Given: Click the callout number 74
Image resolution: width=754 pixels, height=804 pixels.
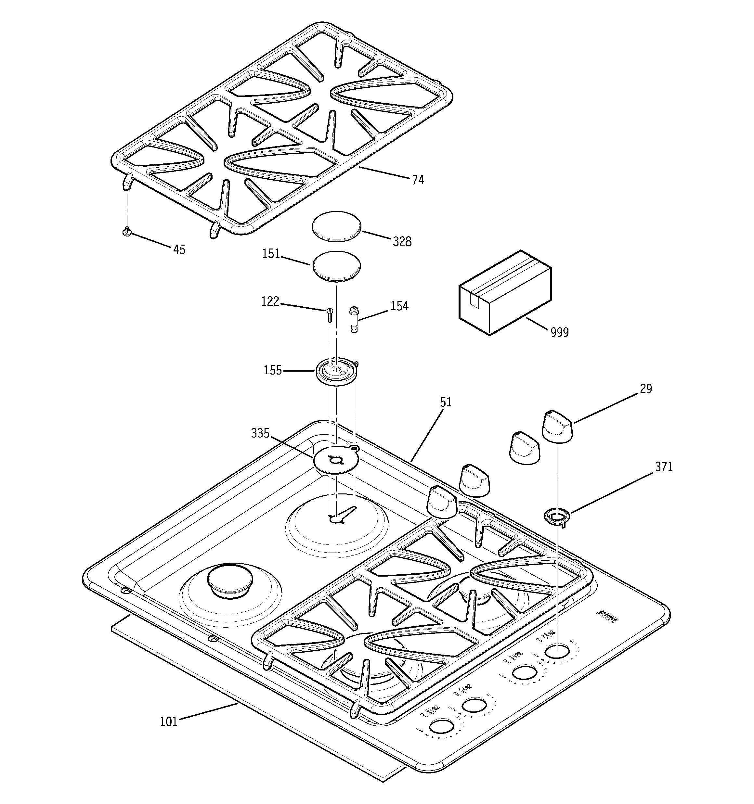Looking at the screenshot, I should tap(418, 180).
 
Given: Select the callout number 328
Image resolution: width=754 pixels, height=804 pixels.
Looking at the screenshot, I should tap(402, 241).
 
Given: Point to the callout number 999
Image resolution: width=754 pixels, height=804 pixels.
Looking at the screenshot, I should tap(559, 332).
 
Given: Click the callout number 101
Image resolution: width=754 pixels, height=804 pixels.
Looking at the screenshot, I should tap(169, 721).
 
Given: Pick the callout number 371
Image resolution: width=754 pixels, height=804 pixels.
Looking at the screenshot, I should tap(664, 467).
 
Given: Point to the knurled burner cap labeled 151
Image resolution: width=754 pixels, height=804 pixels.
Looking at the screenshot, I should tap(335, 266).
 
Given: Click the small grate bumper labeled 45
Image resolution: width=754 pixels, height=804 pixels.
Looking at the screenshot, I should tap(127, 231).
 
